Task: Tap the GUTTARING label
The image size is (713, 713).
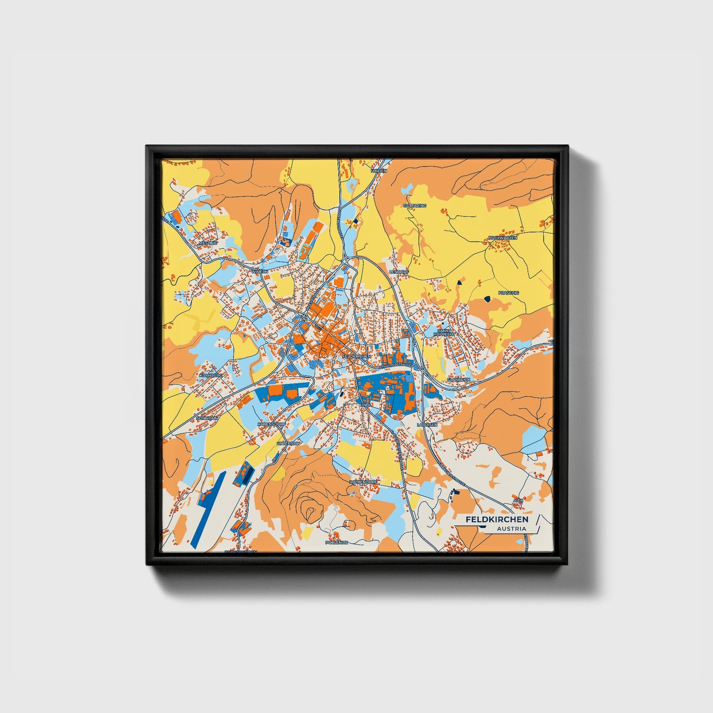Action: click(x=414, y=205)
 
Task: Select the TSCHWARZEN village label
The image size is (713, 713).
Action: click(x=503, y=238)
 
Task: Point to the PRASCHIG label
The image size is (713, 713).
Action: click(x=509, y=293)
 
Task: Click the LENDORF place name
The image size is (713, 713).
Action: click(x=400, y=272)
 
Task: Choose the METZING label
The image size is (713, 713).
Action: click(x=208, y=243)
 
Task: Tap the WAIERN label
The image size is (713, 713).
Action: click(x=260, y=271)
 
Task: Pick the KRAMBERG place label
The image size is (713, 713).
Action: click(x=211, y=375)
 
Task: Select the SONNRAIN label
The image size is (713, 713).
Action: click(x=207, y=418)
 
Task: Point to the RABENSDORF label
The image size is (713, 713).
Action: click(x=271, y=424)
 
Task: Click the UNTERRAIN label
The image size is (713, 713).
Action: click(x=289, y=444)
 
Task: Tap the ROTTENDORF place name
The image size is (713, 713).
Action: click(x=363, y=482)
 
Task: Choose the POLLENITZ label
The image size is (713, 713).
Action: click(x=337, y=542)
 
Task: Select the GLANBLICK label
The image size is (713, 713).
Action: click(x=459, y=379)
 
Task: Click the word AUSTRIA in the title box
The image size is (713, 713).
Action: click(x=511, y=529)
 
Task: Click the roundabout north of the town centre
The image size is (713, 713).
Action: click(x=344, y=261)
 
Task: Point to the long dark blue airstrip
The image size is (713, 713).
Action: click(x=207, y=506)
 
